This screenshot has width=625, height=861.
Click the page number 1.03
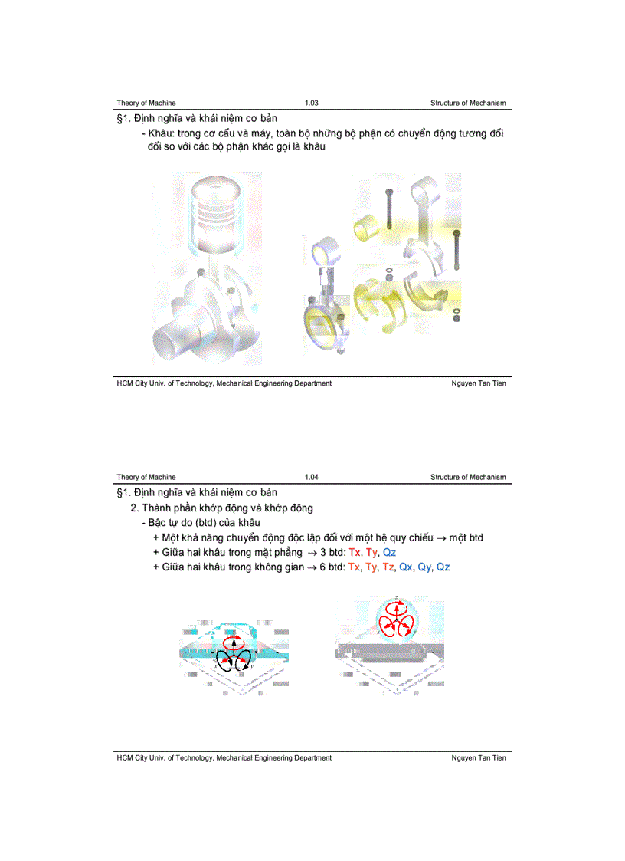311,103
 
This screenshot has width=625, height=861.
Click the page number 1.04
311,477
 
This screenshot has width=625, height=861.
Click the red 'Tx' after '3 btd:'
355,552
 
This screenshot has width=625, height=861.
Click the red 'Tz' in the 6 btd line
388,567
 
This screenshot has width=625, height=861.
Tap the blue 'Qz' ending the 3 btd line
389,552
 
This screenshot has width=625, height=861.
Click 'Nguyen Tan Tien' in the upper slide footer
479,383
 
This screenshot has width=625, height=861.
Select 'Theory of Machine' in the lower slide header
146,477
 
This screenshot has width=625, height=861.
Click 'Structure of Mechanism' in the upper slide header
468,103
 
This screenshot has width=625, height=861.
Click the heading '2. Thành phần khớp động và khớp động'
222,508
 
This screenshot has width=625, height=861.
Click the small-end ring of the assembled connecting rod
326,254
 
